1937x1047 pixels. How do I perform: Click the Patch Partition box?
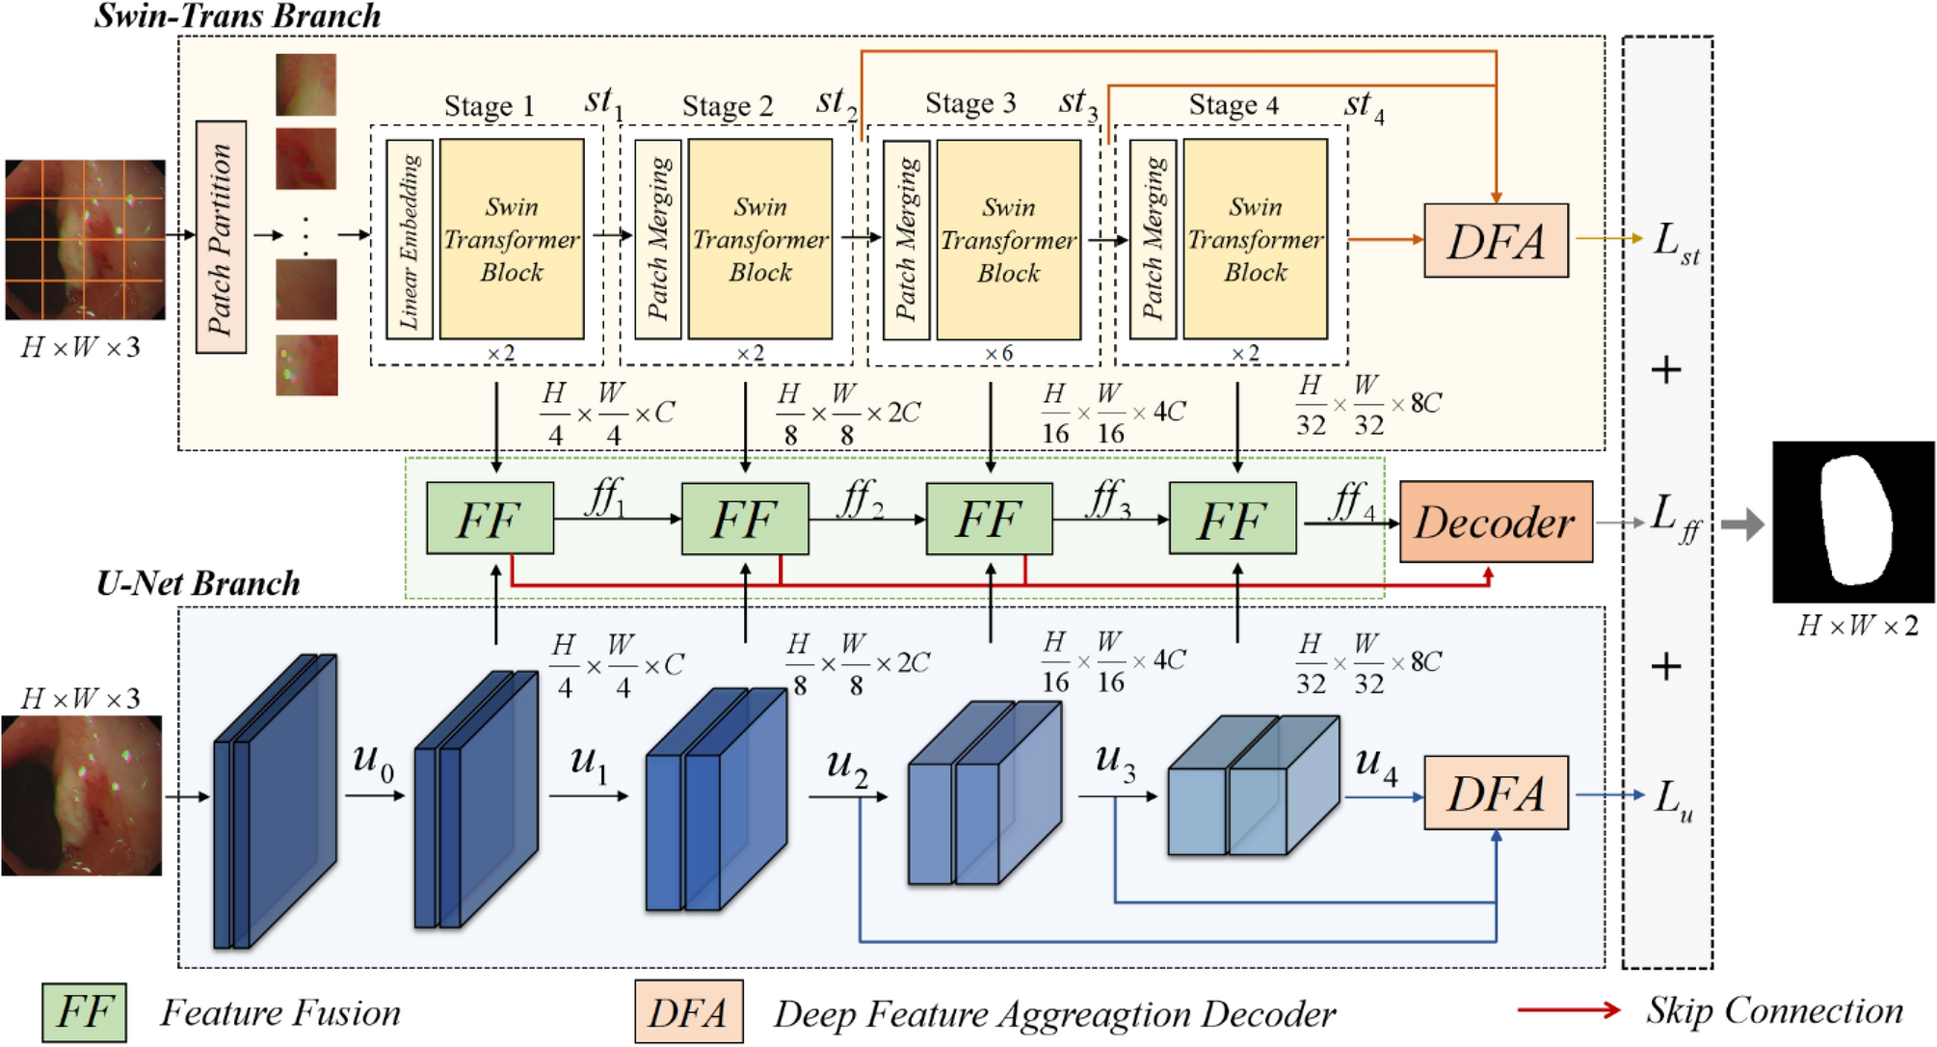tap(221, 237)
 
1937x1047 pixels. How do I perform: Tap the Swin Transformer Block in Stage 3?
tap(1008, 239)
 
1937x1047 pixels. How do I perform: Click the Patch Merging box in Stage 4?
tap(1153, 239)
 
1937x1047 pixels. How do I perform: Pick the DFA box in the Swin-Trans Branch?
tap(1496, 240)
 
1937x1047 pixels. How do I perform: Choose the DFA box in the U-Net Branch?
tap(1496, 793)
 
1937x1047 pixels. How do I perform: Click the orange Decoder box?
tap(1495, 522)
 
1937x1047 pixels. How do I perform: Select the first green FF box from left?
tap(490, 519)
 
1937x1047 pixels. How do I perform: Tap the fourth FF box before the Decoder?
tap(1232, 519)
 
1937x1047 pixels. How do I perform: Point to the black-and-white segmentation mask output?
tap(1852, 522)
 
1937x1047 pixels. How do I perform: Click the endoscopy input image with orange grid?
tap(85, 239)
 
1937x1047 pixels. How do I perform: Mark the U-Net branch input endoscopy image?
tap(82, 795)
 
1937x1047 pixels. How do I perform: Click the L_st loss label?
tap(1675, 242)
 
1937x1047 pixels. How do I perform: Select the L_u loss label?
tap(1673, 799)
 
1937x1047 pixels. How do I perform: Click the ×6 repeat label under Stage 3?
tap(998, 354)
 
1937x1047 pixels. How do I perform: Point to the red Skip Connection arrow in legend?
tap(1569, 1009)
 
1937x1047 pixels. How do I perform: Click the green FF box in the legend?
tap(84, 1011)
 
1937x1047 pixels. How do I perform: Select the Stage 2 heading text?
tap(728, 106)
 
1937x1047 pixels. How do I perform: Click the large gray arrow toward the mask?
tap(1742, 524)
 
